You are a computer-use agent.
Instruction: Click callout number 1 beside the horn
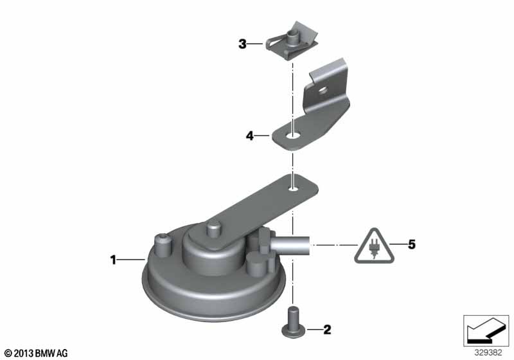point(113,260)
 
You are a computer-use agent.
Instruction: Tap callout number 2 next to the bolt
point(327,330)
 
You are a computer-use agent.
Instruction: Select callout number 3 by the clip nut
point(242,44)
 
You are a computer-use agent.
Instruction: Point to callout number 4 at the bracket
point(250,136)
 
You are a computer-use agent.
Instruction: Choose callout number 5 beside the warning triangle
point(411,244)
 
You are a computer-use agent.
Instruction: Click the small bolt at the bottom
point(292,321)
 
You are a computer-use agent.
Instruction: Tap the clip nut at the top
point(292,40)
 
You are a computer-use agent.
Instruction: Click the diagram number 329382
point(488,353)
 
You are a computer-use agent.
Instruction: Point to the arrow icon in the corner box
point(486,330)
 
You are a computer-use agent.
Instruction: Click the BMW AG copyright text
point(36,353)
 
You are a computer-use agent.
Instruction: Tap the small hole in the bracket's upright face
point(324,89)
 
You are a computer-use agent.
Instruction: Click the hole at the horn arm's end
point(293,188)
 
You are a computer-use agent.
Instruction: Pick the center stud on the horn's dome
point(213,229)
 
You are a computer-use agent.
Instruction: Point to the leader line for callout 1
point(131,260)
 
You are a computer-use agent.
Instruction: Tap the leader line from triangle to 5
point(398,244)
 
